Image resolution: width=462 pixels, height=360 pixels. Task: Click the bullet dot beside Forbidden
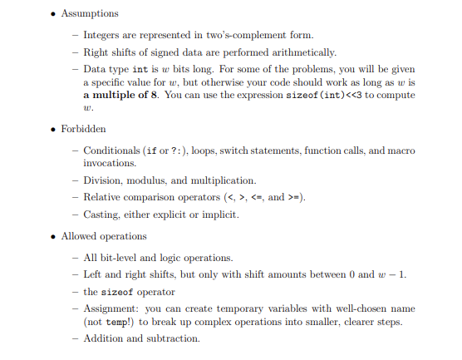pyautogui.click(x=54, y=129)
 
